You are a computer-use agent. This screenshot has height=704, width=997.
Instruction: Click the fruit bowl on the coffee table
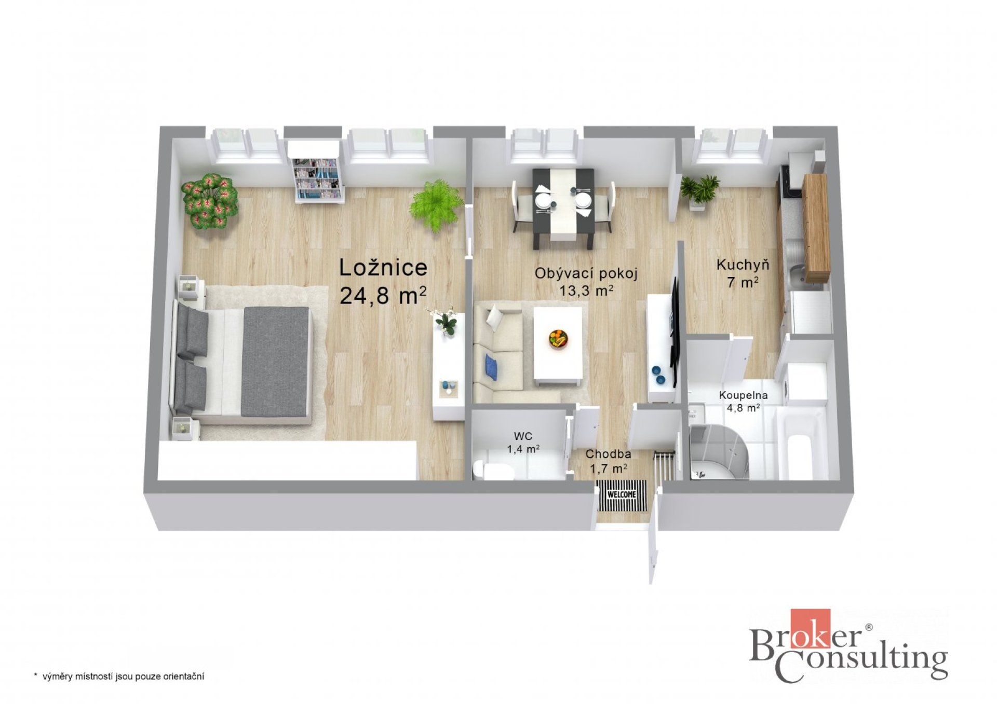(558, 339)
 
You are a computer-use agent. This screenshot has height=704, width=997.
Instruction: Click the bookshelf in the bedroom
(317, 172)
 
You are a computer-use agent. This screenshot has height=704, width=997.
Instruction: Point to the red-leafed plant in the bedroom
(210, 201)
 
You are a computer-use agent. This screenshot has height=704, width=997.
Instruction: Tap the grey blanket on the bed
(276, 362)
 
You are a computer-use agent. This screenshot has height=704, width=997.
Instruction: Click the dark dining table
(563, 208)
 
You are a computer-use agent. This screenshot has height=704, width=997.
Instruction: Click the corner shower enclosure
(719, 451)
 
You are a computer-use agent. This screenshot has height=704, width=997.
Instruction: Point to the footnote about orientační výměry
(119, 677)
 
